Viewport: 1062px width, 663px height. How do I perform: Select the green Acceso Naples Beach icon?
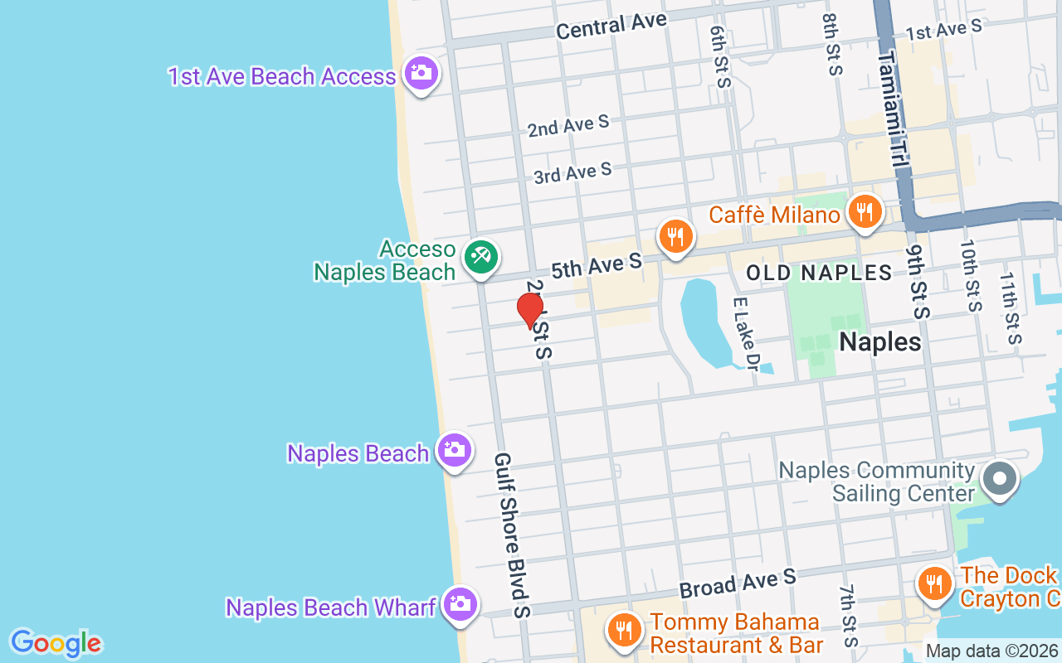tap(480, 257)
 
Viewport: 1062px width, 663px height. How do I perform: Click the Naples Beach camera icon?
tap(454, 451)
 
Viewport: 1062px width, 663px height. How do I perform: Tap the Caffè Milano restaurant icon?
tap(865, 212)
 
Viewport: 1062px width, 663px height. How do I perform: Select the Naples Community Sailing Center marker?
tap(1000, 479)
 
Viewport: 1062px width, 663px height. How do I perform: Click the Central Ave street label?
tap(611, 27)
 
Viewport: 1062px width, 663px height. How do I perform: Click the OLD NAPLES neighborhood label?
tap(819, 273)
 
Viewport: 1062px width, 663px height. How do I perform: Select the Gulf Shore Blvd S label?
tap(513, 535)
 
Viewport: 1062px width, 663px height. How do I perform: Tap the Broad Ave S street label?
tap(738, 583)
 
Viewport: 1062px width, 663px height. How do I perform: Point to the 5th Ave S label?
tap(597, 266)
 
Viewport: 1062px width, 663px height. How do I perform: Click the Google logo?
tap(56, 642)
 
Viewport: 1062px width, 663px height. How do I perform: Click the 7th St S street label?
tap(847, 616)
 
